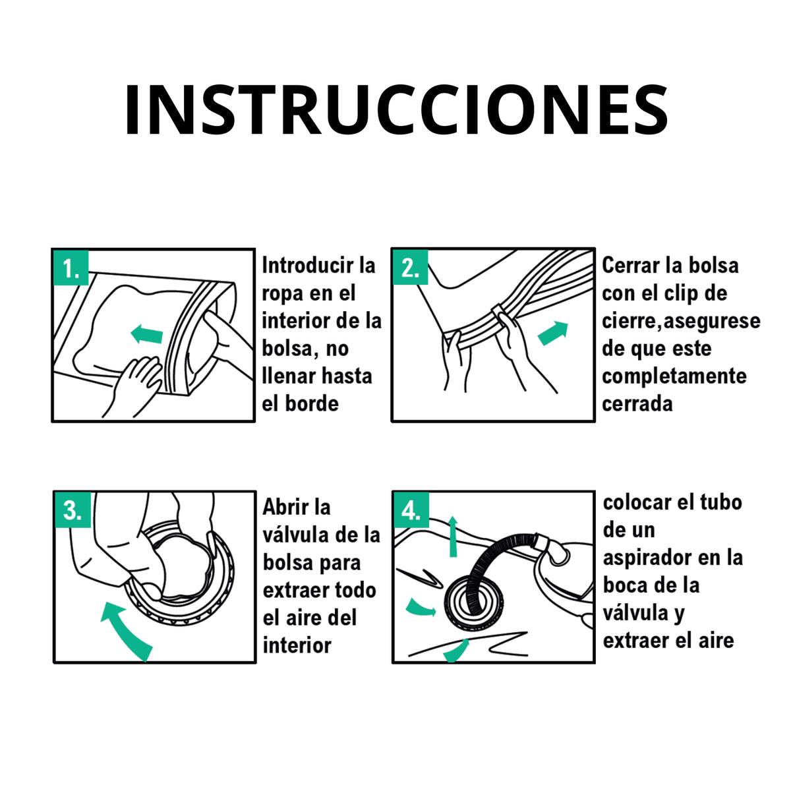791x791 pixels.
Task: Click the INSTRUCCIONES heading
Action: coord(396,109)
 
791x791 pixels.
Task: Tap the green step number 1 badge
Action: coord(71,267)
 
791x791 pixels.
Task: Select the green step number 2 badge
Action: coord(410,267)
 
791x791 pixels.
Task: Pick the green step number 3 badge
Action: coord(73,510)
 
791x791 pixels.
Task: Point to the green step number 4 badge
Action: coord(411,510)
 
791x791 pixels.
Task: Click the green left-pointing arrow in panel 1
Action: coord(146,334)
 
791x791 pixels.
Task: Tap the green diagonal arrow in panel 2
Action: coord(553,334)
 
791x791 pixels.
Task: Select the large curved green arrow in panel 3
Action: coord(125,631)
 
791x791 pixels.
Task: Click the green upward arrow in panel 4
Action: coord(453,537)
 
